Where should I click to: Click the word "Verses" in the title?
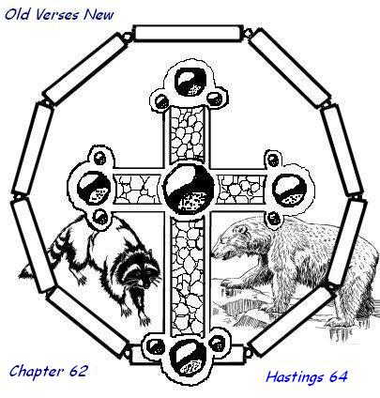[x=57, y=15]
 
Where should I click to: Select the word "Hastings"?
[x=295, y=376]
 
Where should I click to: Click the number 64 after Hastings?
[x=338, y=376]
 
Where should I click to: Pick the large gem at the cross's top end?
[x=190, y=82]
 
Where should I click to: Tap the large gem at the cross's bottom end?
[x=188, y=359]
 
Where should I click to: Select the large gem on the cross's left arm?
[x=94, y=188]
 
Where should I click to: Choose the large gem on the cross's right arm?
[x=289, y=190]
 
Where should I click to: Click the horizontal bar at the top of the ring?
[x=189, y=33]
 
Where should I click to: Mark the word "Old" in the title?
[x=17, y=14]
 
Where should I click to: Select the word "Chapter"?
[x=35, y=372]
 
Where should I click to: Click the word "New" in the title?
[x=99, y=15]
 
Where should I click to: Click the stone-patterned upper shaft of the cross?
[x=187, y=134]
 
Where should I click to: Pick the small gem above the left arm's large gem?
[x=100, y=158]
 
